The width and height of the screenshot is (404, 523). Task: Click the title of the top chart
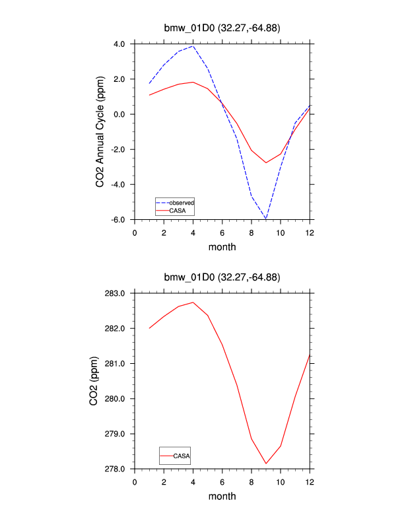222,28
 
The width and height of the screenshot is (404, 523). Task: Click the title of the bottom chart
222,277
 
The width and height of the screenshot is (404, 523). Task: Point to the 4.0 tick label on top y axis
119,44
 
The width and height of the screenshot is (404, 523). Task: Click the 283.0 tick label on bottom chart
116,293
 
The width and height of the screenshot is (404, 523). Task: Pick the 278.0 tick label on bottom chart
116,469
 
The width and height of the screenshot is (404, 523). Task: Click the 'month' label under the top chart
222,247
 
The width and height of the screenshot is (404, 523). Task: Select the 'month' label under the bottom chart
222,496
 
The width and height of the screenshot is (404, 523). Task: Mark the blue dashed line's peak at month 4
193,46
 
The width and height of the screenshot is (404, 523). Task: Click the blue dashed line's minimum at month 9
266,218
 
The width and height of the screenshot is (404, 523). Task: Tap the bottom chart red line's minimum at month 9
266,464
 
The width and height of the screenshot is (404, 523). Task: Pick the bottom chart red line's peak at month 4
193,302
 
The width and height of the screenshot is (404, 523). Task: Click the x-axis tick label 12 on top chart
310,232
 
